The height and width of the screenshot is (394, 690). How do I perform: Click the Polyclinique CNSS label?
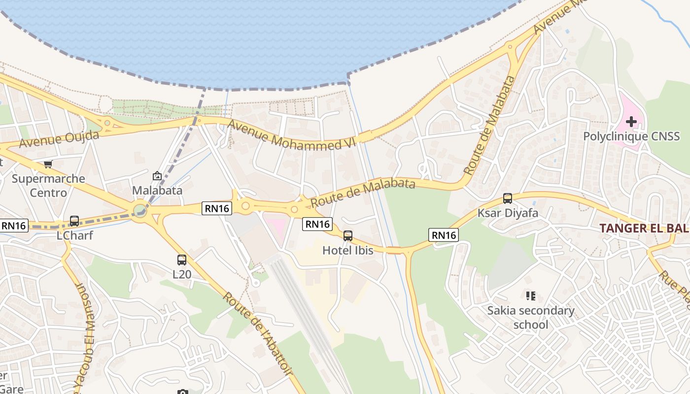point(631,136)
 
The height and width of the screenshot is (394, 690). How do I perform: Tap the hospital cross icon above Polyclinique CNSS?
point(631,121)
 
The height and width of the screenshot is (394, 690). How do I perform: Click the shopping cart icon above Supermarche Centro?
point(48,164)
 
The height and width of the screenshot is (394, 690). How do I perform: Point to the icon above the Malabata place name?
point(157,176)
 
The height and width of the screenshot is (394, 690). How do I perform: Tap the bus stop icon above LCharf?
point(74,221)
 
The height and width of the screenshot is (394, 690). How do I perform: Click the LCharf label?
point(74,235)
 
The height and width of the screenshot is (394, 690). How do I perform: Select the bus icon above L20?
point(182,260)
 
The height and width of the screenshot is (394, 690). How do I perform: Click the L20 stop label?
point(182,274)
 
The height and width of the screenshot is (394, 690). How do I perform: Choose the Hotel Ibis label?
point(347,250)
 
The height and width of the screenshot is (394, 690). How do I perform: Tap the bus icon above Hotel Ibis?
point(348,236)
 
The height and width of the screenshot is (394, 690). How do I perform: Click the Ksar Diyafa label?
point(508,213)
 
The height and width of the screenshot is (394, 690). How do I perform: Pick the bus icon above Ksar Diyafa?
point(508,199)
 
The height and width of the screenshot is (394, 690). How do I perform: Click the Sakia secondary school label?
point(531,318)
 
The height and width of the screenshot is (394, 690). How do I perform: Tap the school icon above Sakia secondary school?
point(531,296)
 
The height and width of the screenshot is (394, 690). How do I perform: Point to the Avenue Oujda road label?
point(59,139)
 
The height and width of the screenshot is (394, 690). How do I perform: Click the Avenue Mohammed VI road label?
point(293,135)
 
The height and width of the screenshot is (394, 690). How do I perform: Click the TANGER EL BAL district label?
point(644,228)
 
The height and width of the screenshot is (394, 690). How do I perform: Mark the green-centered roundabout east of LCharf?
point(140,211)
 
